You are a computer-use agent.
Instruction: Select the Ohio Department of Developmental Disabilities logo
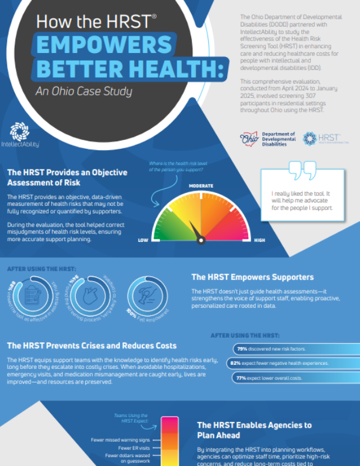[268, 138]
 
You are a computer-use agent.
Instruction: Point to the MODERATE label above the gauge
[201, 186]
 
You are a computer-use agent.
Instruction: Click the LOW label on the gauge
[143, 240]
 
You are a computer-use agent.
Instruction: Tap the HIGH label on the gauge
[259, 240]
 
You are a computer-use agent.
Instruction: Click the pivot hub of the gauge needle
[201, 239]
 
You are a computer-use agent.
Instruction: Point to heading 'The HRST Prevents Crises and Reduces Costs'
[91, 345]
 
